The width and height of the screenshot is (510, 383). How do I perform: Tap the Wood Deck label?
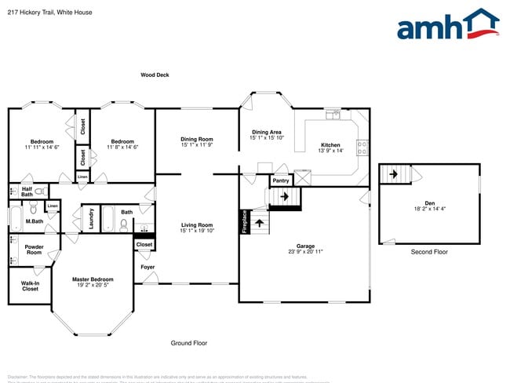click(155, 75)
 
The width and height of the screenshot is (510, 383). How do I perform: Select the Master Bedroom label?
click(93, 279)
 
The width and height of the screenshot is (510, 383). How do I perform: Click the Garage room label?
click(305, 246)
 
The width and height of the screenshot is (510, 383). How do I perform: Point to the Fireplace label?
click(245, 221)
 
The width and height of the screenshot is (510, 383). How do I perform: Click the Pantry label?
click(280, 181)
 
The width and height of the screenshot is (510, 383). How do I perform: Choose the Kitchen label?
click(331, 145)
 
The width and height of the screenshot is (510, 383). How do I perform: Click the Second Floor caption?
click(429, 252)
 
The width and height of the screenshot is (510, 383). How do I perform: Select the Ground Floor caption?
click(189, 343)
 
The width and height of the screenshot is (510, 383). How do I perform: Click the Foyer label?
click(148, 268)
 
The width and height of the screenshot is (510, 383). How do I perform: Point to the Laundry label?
click(92, 217)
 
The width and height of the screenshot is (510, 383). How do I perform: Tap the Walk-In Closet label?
click(30, 286)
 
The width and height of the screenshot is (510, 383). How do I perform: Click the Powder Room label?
click(34, 250)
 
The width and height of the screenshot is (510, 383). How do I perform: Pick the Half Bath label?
click(27, 191)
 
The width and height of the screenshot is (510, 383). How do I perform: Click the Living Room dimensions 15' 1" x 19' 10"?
click(197, 231)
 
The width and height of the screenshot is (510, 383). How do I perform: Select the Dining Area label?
click(266, 132)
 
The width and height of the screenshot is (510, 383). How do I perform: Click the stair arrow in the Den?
click(395, 173)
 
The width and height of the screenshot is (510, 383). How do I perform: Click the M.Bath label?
click(34, 221)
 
